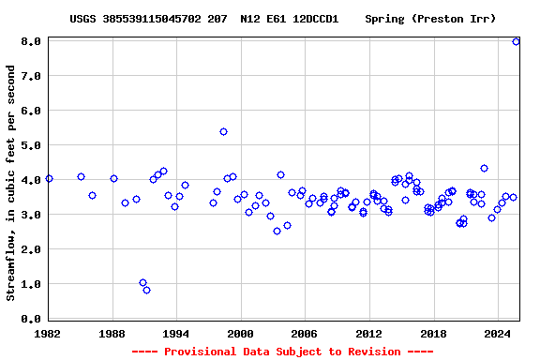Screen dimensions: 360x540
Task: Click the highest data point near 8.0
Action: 516,41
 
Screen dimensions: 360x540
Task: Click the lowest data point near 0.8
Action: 146,290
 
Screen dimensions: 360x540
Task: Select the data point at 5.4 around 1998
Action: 223,131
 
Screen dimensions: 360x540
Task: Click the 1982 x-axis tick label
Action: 49,333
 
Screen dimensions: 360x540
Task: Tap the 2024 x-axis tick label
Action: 497,333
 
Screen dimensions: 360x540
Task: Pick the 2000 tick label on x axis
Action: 241,333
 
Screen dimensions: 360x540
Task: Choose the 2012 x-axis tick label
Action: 368,333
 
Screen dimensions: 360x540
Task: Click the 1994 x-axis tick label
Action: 176,333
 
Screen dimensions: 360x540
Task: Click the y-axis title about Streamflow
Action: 11,183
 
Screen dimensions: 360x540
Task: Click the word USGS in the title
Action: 83,19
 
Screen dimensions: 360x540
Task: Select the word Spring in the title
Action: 385,19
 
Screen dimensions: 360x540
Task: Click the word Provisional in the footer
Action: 202,352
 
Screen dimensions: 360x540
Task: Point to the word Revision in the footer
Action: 375,352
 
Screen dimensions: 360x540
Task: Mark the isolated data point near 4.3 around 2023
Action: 484,169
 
